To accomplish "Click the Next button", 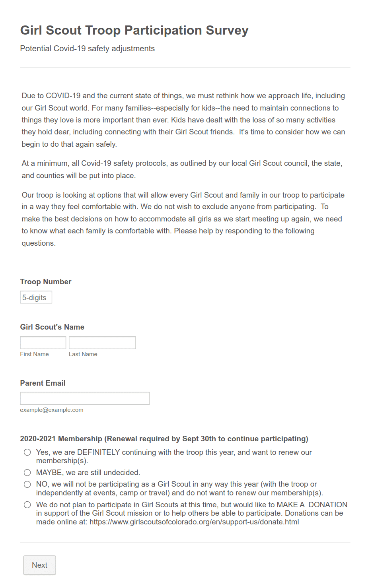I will click(x=39, y=565).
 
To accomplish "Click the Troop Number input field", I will click(x=36, y=297).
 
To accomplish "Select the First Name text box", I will click(x=43, y=343).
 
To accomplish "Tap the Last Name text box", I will click(x=102, y=343).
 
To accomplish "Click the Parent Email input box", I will click(x=85, y=398).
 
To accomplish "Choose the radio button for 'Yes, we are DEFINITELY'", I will click(x=27, y=452).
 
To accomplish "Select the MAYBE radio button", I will click(x=27, y=473).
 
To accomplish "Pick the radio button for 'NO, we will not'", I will click(x=27, y=484).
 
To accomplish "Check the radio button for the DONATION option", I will click(x=27, y=505).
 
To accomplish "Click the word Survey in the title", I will click(x=227, y=30).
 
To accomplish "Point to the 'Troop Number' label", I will click(x=46, y=282).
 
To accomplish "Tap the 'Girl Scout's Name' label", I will click(x=52, y=327).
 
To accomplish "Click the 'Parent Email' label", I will click(x=43, y=383).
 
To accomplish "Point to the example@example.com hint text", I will click(x=52, y=410).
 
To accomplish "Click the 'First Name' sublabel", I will click(x=35, y=354).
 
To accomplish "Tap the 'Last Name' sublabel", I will click(x=83, y=354).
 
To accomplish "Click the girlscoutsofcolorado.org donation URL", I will click(x=194, y=522).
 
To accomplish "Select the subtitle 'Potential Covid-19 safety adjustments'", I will click(x=87, y=49).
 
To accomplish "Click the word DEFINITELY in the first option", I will click(x=98, y=452).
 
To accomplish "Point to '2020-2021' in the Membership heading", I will click(x=38, y=439).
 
